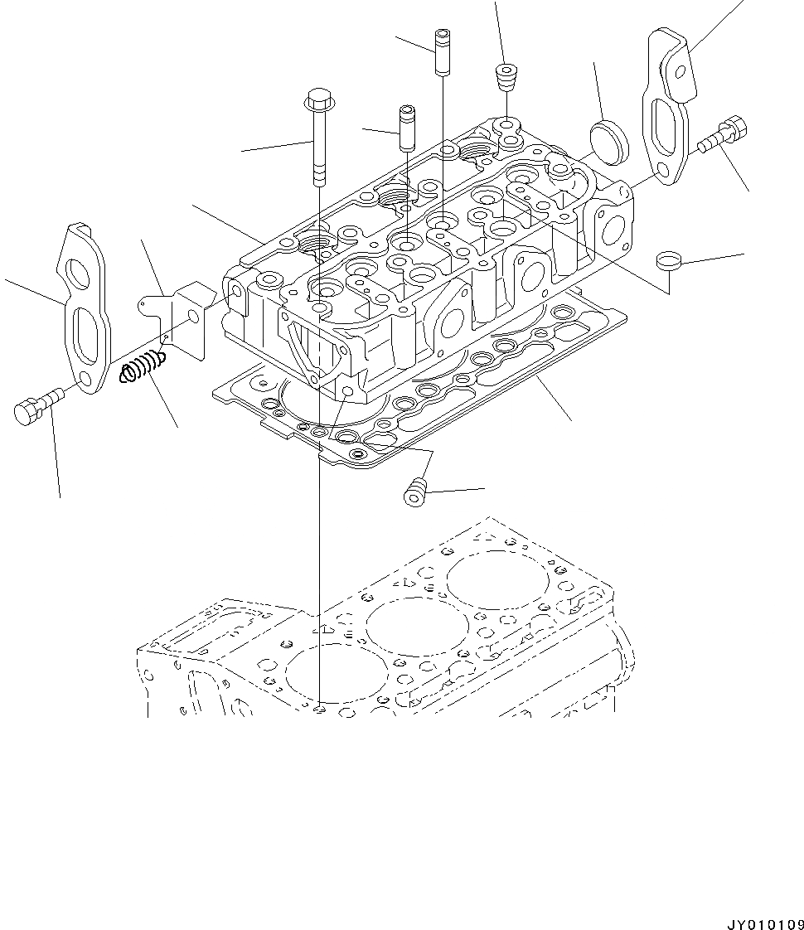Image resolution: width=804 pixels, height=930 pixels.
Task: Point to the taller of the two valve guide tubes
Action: point(441,52)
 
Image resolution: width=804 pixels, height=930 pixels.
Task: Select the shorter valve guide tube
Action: point(407,128)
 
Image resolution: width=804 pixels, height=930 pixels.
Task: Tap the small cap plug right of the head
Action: point(668,261)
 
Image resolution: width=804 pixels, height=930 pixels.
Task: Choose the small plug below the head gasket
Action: point(414,494)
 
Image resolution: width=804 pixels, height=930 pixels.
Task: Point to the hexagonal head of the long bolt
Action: point(318,100)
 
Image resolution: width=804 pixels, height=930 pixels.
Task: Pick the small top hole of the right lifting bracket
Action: point(680,73)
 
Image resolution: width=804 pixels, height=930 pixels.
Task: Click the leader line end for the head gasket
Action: point(572,419)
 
